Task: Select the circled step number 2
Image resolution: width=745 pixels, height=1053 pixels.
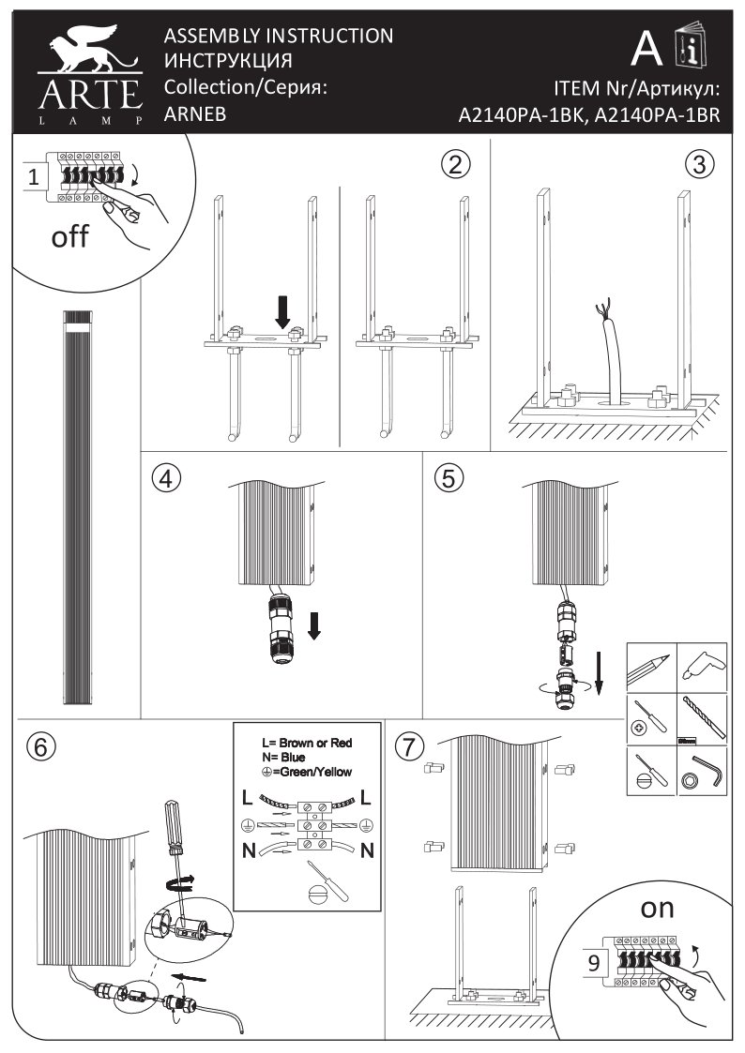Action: tap(456, 164)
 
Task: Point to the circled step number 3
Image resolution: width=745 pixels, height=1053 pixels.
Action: tap(699, 164)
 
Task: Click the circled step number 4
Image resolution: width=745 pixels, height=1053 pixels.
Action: tap(167, 478)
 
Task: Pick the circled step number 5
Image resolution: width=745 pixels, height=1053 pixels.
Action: tap(449, 478)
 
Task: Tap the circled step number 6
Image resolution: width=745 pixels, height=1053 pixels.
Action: tap(41, 746)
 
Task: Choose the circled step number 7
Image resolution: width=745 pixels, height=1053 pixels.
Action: tap(409, 746)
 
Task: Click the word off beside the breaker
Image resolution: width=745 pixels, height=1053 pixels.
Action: tap(69, 236)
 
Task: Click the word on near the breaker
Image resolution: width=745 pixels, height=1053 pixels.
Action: tap(657, 909)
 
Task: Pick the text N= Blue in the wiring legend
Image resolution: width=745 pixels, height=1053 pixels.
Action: tap(283, 758)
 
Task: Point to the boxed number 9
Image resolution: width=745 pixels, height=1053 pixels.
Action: tap(594, 964)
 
